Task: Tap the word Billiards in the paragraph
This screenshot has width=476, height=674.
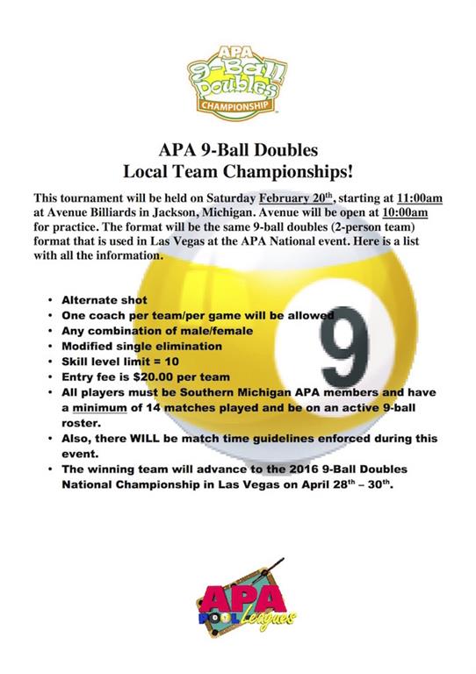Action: (x=118, y=212)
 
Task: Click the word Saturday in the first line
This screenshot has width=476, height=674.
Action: (x=227, y=197)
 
